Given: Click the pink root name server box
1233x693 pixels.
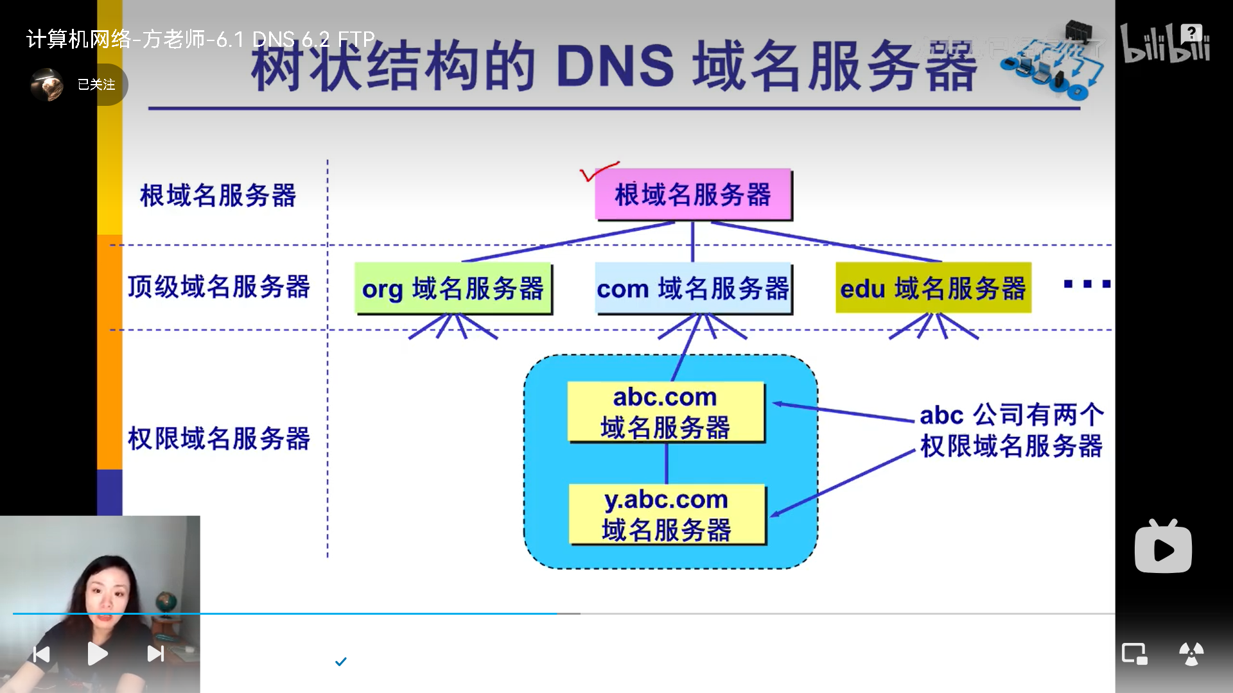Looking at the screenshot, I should tap(694, 194).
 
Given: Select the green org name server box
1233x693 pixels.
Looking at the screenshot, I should tap(453, 288).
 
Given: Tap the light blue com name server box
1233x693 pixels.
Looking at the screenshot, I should tap(694, 288).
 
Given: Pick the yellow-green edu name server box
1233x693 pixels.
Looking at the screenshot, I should tap(933, 288).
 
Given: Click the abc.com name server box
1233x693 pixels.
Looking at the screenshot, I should tap(666, 412).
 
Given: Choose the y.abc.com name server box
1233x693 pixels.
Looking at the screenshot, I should tap(667, 515).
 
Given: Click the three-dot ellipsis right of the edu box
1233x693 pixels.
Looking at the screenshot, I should tap(1087, 284).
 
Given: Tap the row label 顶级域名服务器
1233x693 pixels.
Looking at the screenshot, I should tap(218, 287).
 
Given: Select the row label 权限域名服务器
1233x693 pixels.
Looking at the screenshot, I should tap(218, 439).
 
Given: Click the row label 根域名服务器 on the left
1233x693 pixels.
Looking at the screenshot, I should tap(218, 196).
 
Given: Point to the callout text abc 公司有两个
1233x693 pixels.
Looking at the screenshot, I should tap(1011, 415).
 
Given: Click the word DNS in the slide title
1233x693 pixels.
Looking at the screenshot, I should tap(615, 67).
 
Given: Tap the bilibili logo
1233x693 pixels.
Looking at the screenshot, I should tap(1166, 43).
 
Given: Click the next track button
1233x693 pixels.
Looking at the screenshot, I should tap(156, 654).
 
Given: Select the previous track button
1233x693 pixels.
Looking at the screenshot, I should tap(42, 654).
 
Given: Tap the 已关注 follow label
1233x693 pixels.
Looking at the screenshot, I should tap(96, 85).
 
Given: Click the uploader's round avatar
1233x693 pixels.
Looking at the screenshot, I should tap(47, 85).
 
